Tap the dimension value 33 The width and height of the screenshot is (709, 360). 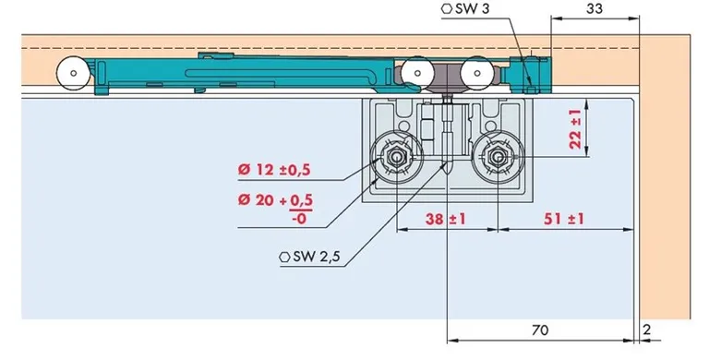[x=595, y=8]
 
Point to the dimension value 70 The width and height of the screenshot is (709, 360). [x=540, y=330]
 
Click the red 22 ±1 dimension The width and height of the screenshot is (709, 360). [x=576, y=129]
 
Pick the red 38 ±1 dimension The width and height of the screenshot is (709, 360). [x=445, y=219]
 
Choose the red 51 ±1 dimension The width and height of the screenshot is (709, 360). [x=564, y=219]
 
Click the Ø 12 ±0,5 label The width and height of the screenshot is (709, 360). [x=274, y=170]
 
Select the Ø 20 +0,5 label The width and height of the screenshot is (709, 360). [x=276, y=199]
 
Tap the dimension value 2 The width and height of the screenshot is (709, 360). [x=647, y=330]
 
